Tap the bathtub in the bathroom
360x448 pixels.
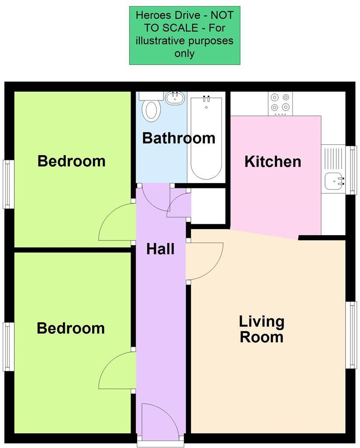(206, 138)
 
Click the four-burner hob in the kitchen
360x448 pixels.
(280, 103)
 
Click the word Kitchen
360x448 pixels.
(273, 161)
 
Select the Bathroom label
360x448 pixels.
(179, 138)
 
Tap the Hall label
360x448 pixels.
(160, 249)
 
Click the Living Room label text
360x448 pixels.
(261, 329)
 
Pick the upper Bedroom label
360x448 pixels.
(71, 161)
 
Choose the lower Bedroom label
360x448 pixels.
(71, 328)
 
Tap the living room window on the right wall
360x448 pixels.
(351, 335)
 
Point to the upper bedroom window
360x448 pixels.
(7, 184)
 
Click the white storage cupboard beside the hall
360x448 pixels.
(208, 205)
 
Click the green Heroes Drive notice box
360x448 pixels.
(184, 35)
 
